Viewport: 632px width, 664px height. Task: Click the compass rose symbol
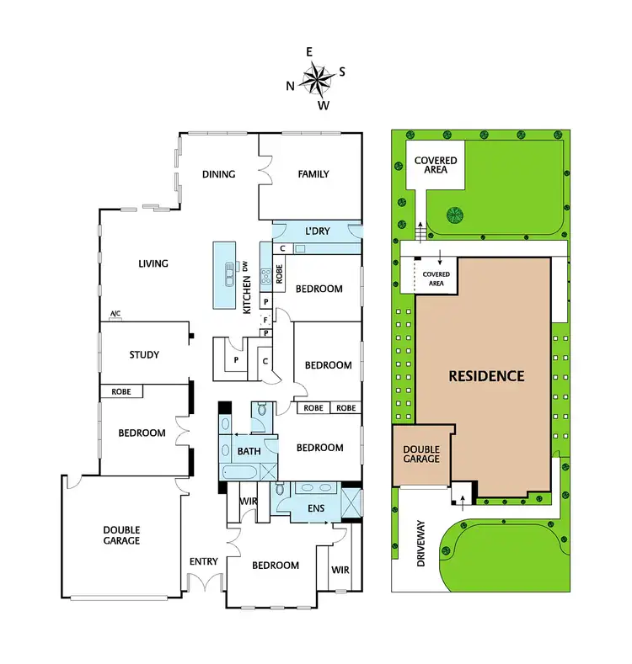click(316, 81)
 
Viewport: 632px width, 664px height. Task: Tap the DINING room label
click(218, 175)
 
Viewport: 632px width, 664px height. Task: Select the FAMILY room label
click(313, 175)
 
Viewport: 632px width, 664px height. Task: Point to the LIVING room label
click(153, 263)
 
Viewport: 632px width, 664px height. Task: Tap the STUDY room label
click(144, 355)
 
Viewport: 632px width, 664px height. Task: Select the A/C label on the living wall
click(115, 315)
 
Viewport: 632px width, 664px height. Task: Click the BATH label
click(249, 452)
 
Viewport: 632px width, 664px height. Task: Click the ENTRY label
click(204, 562)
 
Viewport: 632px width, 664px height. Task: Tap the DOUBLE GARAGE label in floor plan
click(122, 535)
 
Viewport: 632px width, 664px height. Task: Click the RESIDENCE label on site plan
click(486, 376)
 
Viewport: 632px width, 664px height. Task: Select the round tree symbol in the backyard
click(456, 215)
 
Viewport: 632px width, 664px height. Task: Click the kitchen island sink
click(228, 274)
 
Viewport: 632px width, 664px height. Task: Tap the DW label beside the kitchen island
click(246, 267)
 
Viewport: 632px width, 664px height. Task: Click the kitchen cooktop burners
click(266, 274)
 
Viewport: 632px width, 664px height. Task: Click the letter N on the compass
click(291, 85)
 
